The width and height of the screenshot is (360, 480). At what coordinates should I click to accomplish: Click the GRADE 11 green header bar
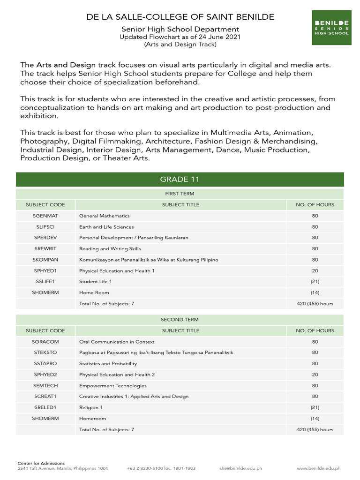[x=180, y=180]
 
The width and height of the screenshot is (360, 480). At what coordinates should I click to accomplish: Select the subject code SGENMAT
[x=45, y=216]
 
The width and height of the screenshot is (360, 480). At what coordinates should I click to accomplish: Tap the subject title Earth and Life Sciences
[x=106, y=227]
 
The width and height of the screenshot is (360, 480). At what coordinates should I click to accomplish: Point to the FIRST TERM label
[x=180, y=194]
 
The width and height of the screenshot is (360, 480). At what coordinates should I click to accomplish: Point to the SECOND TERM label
[x=180, y=320]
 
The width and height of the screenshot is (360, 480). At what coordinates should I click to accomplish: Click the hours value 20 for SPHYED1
[x=315, y=271]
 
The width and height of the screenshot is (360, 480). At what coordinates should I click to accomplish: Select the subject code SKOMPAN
[x=45, y=260]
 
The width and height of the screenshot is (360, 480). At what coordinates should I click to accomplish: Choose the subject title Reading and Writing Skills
[x=110, y=249]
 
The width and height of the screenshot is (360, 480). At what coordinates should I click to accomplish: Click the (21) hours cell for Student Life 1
[x=315, y=282]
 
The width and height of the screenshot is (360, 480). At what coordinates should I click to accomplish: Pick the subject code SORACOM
[x=45, y=342]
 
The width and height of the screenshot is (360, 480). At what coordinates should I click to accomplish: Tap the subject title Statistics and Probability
[x=108, y=364]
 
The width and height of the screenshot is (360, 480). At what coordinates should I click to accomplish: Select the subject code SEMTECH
[x=45, y=386]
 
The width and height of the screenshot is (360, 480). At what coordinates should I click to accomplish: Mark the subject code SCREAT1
[x=45, y=397]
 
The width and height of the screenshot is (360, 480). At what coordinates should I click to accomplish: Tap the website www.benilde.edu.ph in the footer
[x=319, y=468]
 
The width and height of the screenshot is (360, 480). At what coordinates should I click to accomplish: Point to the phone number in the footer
[x=161, y=468]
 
